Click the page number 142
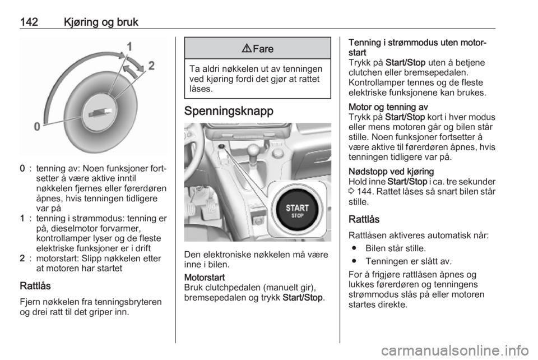pyautogui.click(x=29, y=22)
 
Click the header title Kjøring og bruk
pyautogui.click(x=101, y=22)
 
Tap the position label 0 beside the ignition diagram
pyautogui.click(x=37, y=127)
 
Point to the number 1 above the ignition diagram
pyautogui.click(x=129, y=47)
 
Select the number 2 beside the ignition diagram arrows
pyautogui.click(x=151, y=66)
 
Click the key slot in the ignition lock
pyautogui.click(x=100, y=113)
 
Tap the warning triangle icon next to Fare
pyautogui.click(x=247, y=49)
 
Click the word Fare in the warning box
pyautogui.click(x=263, y=49)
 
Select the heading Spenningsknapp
pyautogui.click(x=229, y=111)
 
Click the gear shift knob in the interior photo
pyautogui.click(x=253, y=149)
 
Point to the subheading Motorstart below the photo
pyautogui.click(x=205, y=278)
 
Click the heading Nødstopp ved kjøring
pyautogui.click(x=391, y=172)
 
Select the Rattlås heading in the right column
pyautogui.click(x=364, y=219)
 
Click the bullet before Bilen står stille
pyautogui.click(x=354, y=248)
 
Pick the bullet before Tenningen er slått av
pyautogui.click(x=354, y=261)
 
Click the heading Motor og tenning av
pyautogui.click(x=388, y=107)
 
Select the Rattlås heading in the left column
pyautogui.click(x=35, y=286)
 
